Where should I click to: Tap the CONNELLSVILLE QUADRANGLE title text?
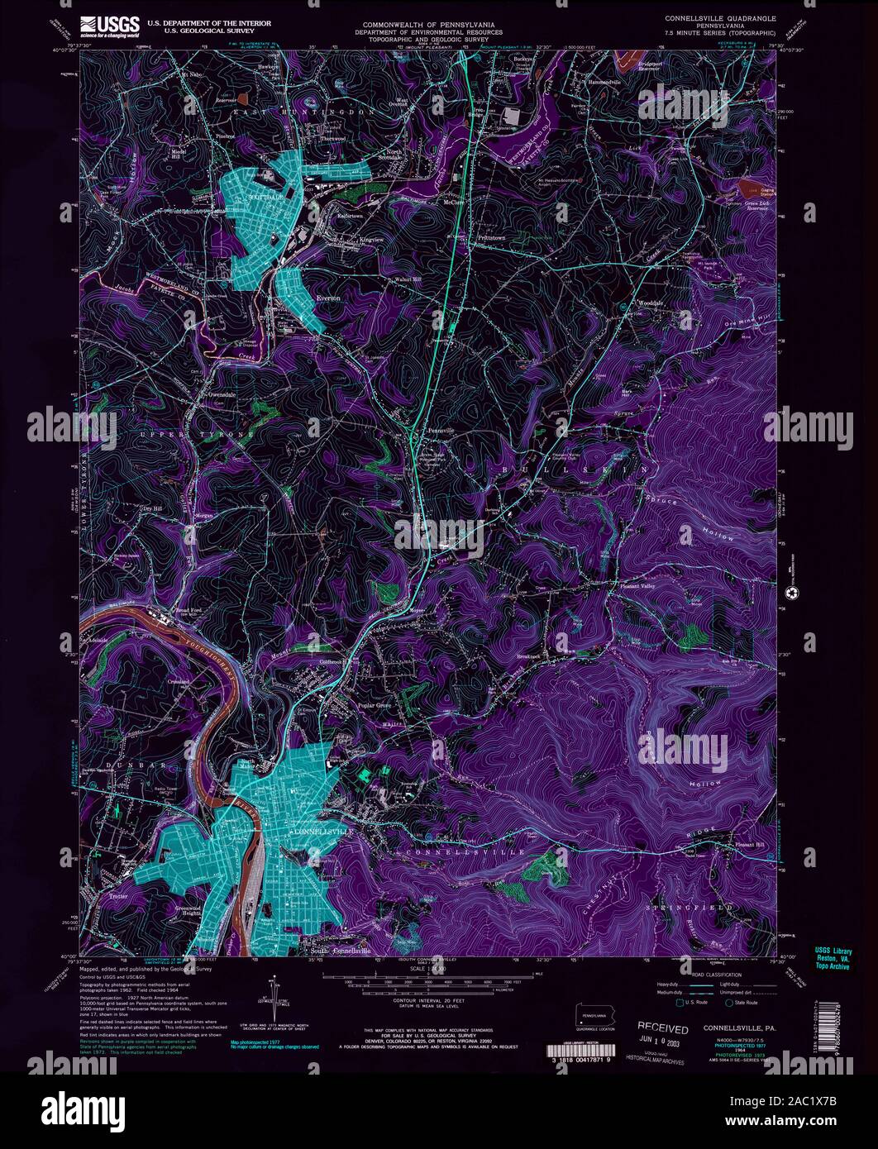point(720,16)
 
